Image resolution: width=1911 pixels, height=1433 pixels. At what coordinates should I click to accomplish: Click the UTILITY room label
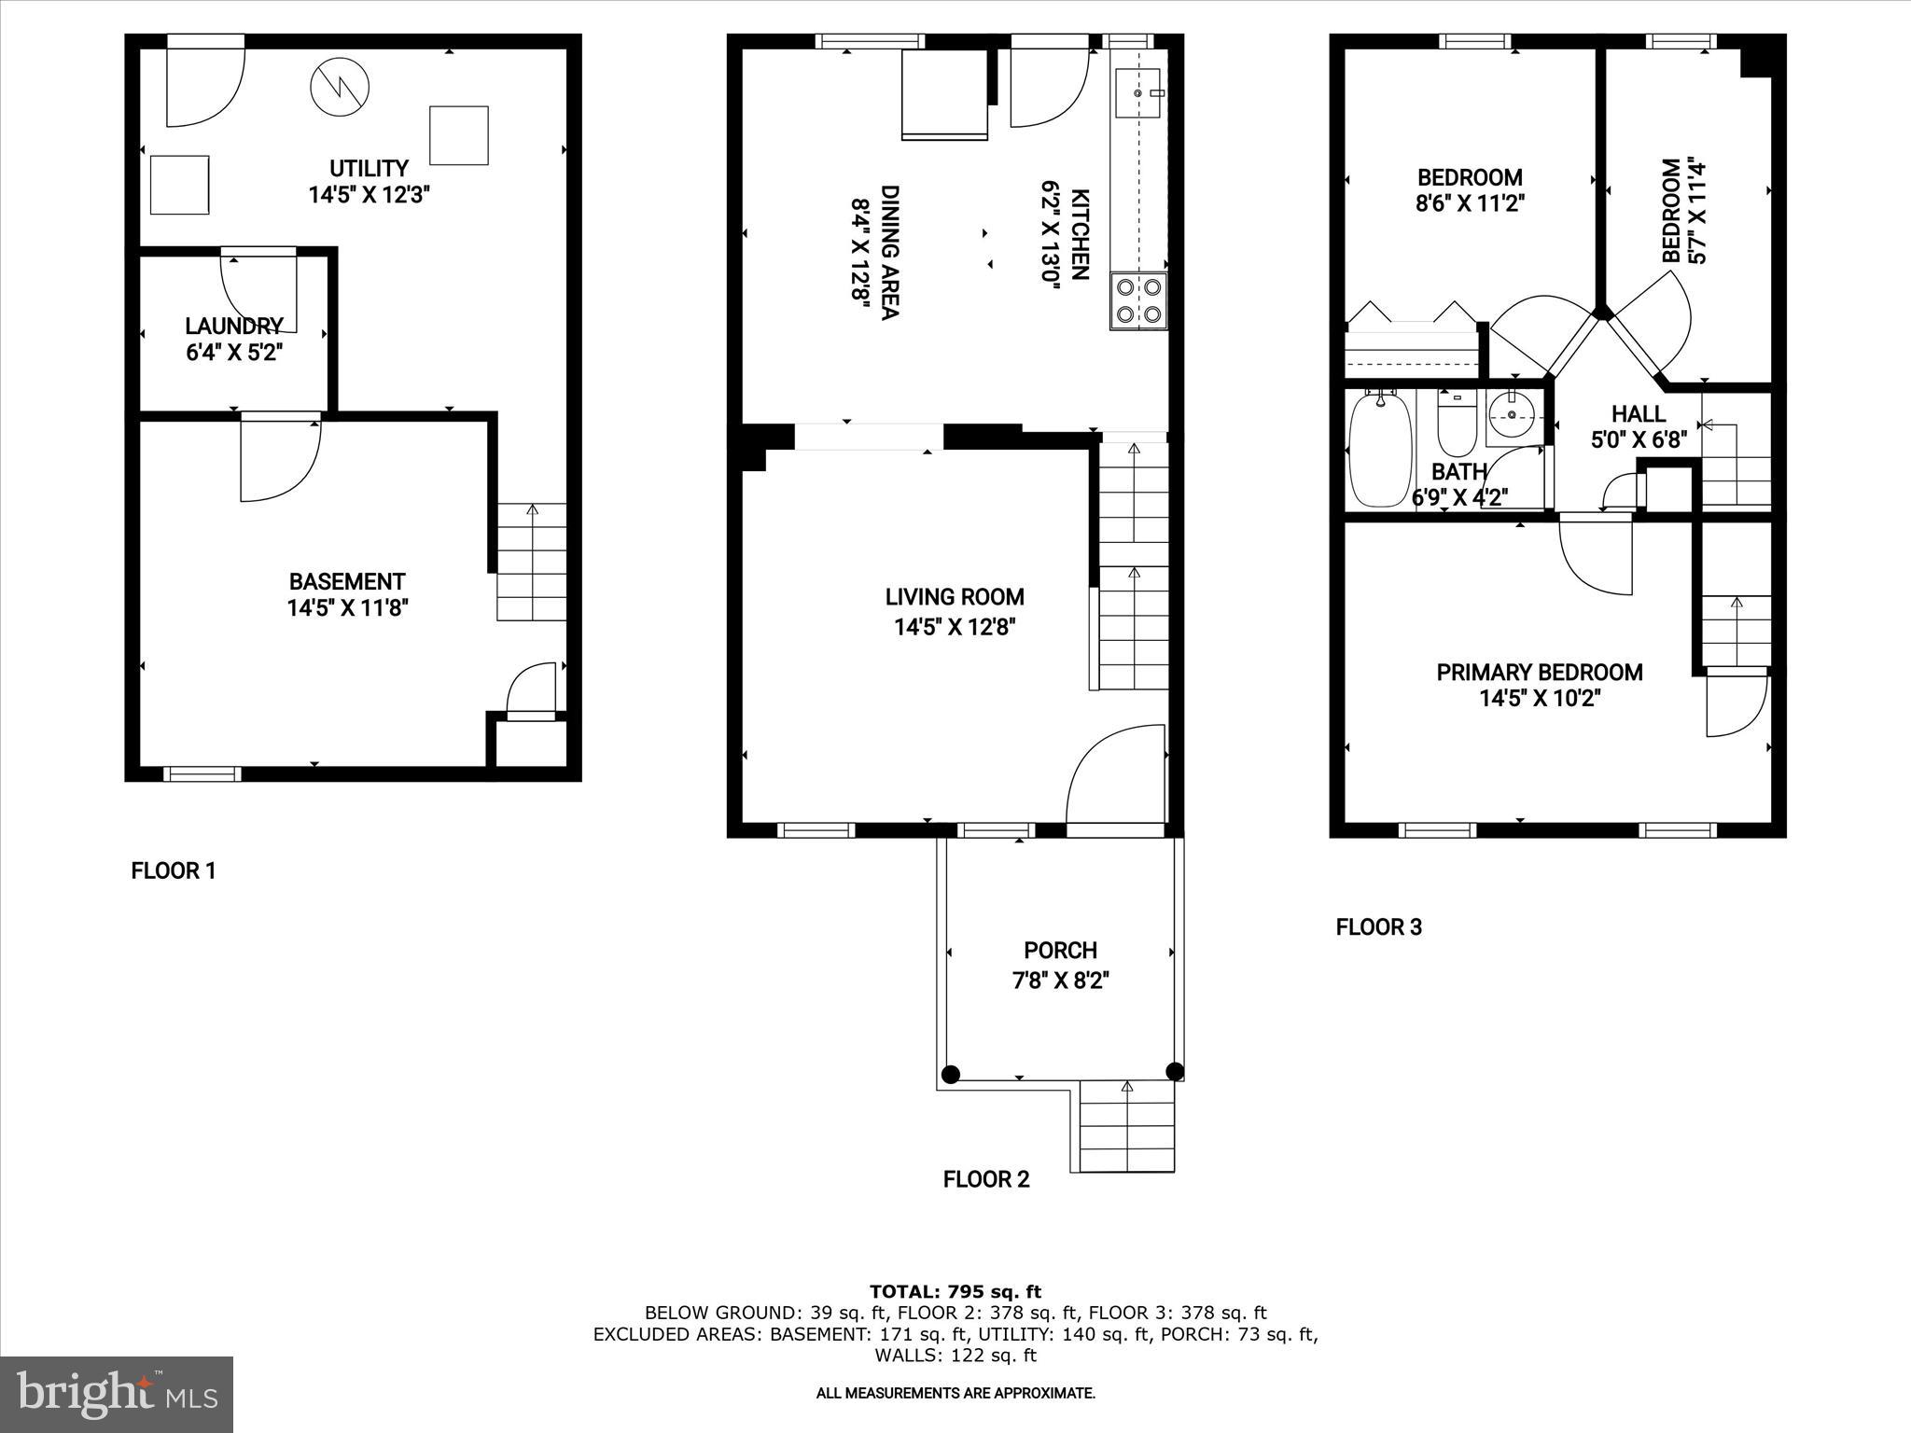(369, 169)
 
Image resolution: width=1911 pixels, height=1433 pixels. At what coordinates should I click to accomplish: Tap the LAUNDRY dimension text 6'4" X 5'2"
(233, 353)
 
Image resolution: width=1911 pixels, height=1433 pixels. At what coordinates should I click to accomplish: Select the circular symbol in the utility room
(340, 87)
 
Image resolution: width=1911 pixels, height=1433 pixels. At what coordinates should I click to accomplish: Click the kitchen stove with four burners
(1138, 300)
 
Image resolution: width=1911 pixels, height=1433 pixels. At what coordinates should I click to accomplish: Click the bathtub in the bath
(1380, 450)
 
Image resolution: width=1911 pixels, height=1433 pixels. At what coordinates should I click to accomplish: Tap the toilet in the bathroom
(1455, 424)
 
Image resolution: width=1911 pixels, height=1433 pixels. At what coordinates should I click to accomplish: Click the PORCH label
(1060, 951)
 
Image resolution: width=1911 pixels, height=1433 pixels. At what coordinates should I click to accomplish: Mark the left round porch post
(950, 1074)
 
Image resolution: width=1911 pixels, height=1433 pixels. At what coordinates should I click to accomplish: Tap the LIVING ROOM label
(955, 597)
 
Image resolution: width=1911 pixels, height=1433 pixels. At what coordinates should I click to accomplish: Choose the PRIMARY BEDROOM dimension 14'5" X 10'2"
(1540, 699)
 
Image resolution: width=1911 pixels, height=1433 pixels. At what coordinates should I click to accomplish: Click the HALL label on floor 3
(1639, 413)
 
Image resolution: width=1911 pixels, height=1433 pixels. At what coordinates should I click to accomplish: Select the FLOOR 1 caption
(174, 871)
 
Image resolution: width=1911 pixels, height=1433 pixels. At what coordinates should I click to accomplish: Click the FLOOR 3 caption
(1378, 927)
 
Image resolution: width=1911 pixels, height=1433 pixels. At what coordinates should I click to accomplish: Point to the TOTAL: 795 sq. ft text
(955, 1292)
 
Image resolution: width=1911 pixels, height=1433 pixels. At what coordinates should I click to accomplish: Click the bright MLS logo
(117, 1395)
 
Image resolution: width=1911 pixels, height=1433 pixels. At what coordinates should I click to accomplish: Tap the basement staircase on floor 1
(531, 562)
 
